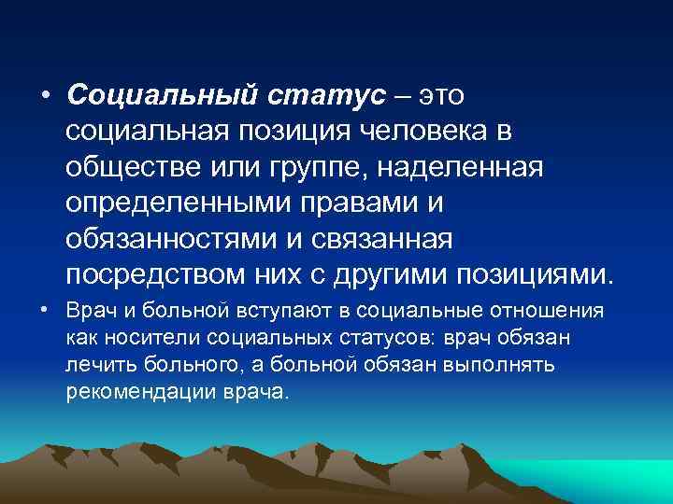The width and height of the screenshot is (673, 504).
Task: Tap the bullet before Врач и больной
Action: [x=44, y=311]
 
